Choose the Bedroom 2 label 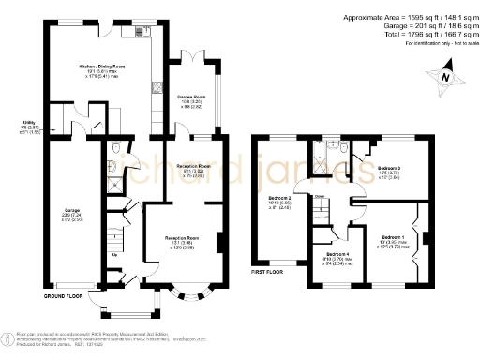pos(279,199)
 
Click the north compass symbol pos(445,78)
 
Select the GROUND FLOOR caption pos(63,295)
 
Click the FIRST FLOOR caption pos(269,273)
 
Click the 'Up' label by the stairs pos(115,253)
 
